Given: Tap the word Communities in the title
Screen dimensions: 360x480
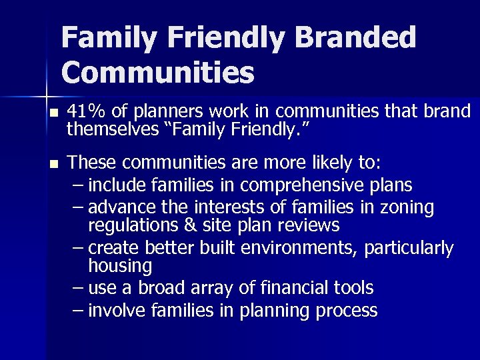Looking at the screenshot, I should point(158,73).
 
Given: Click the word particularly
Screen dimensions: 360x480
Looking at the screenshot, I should point(410,249).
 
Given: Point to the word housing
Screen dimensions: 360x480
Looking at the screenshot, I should point(120,267).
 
